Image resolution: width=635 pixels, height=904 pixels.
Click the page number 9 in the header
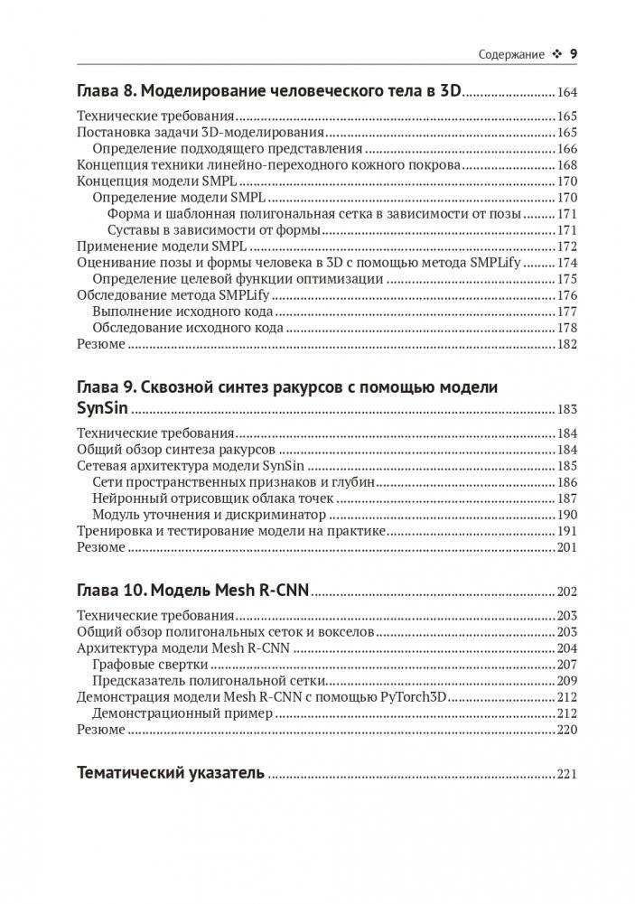point(573,54)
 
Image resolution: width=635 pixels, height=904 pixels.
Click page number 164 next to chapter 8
point(566,92)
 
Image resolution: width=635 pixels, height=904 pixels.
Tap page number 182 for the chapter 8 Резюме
point(566,344)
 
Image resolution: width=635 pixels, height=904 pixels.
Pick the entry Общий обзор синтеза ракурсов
point(176,450)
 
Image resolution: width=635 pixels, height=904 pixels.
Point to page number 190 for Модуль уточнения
point(566,515)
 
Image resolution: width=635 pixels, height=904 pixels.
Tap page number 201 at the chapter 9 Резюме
point(566,547)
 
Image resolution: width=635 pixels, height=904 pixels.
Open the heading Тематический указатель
point(172,773)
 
